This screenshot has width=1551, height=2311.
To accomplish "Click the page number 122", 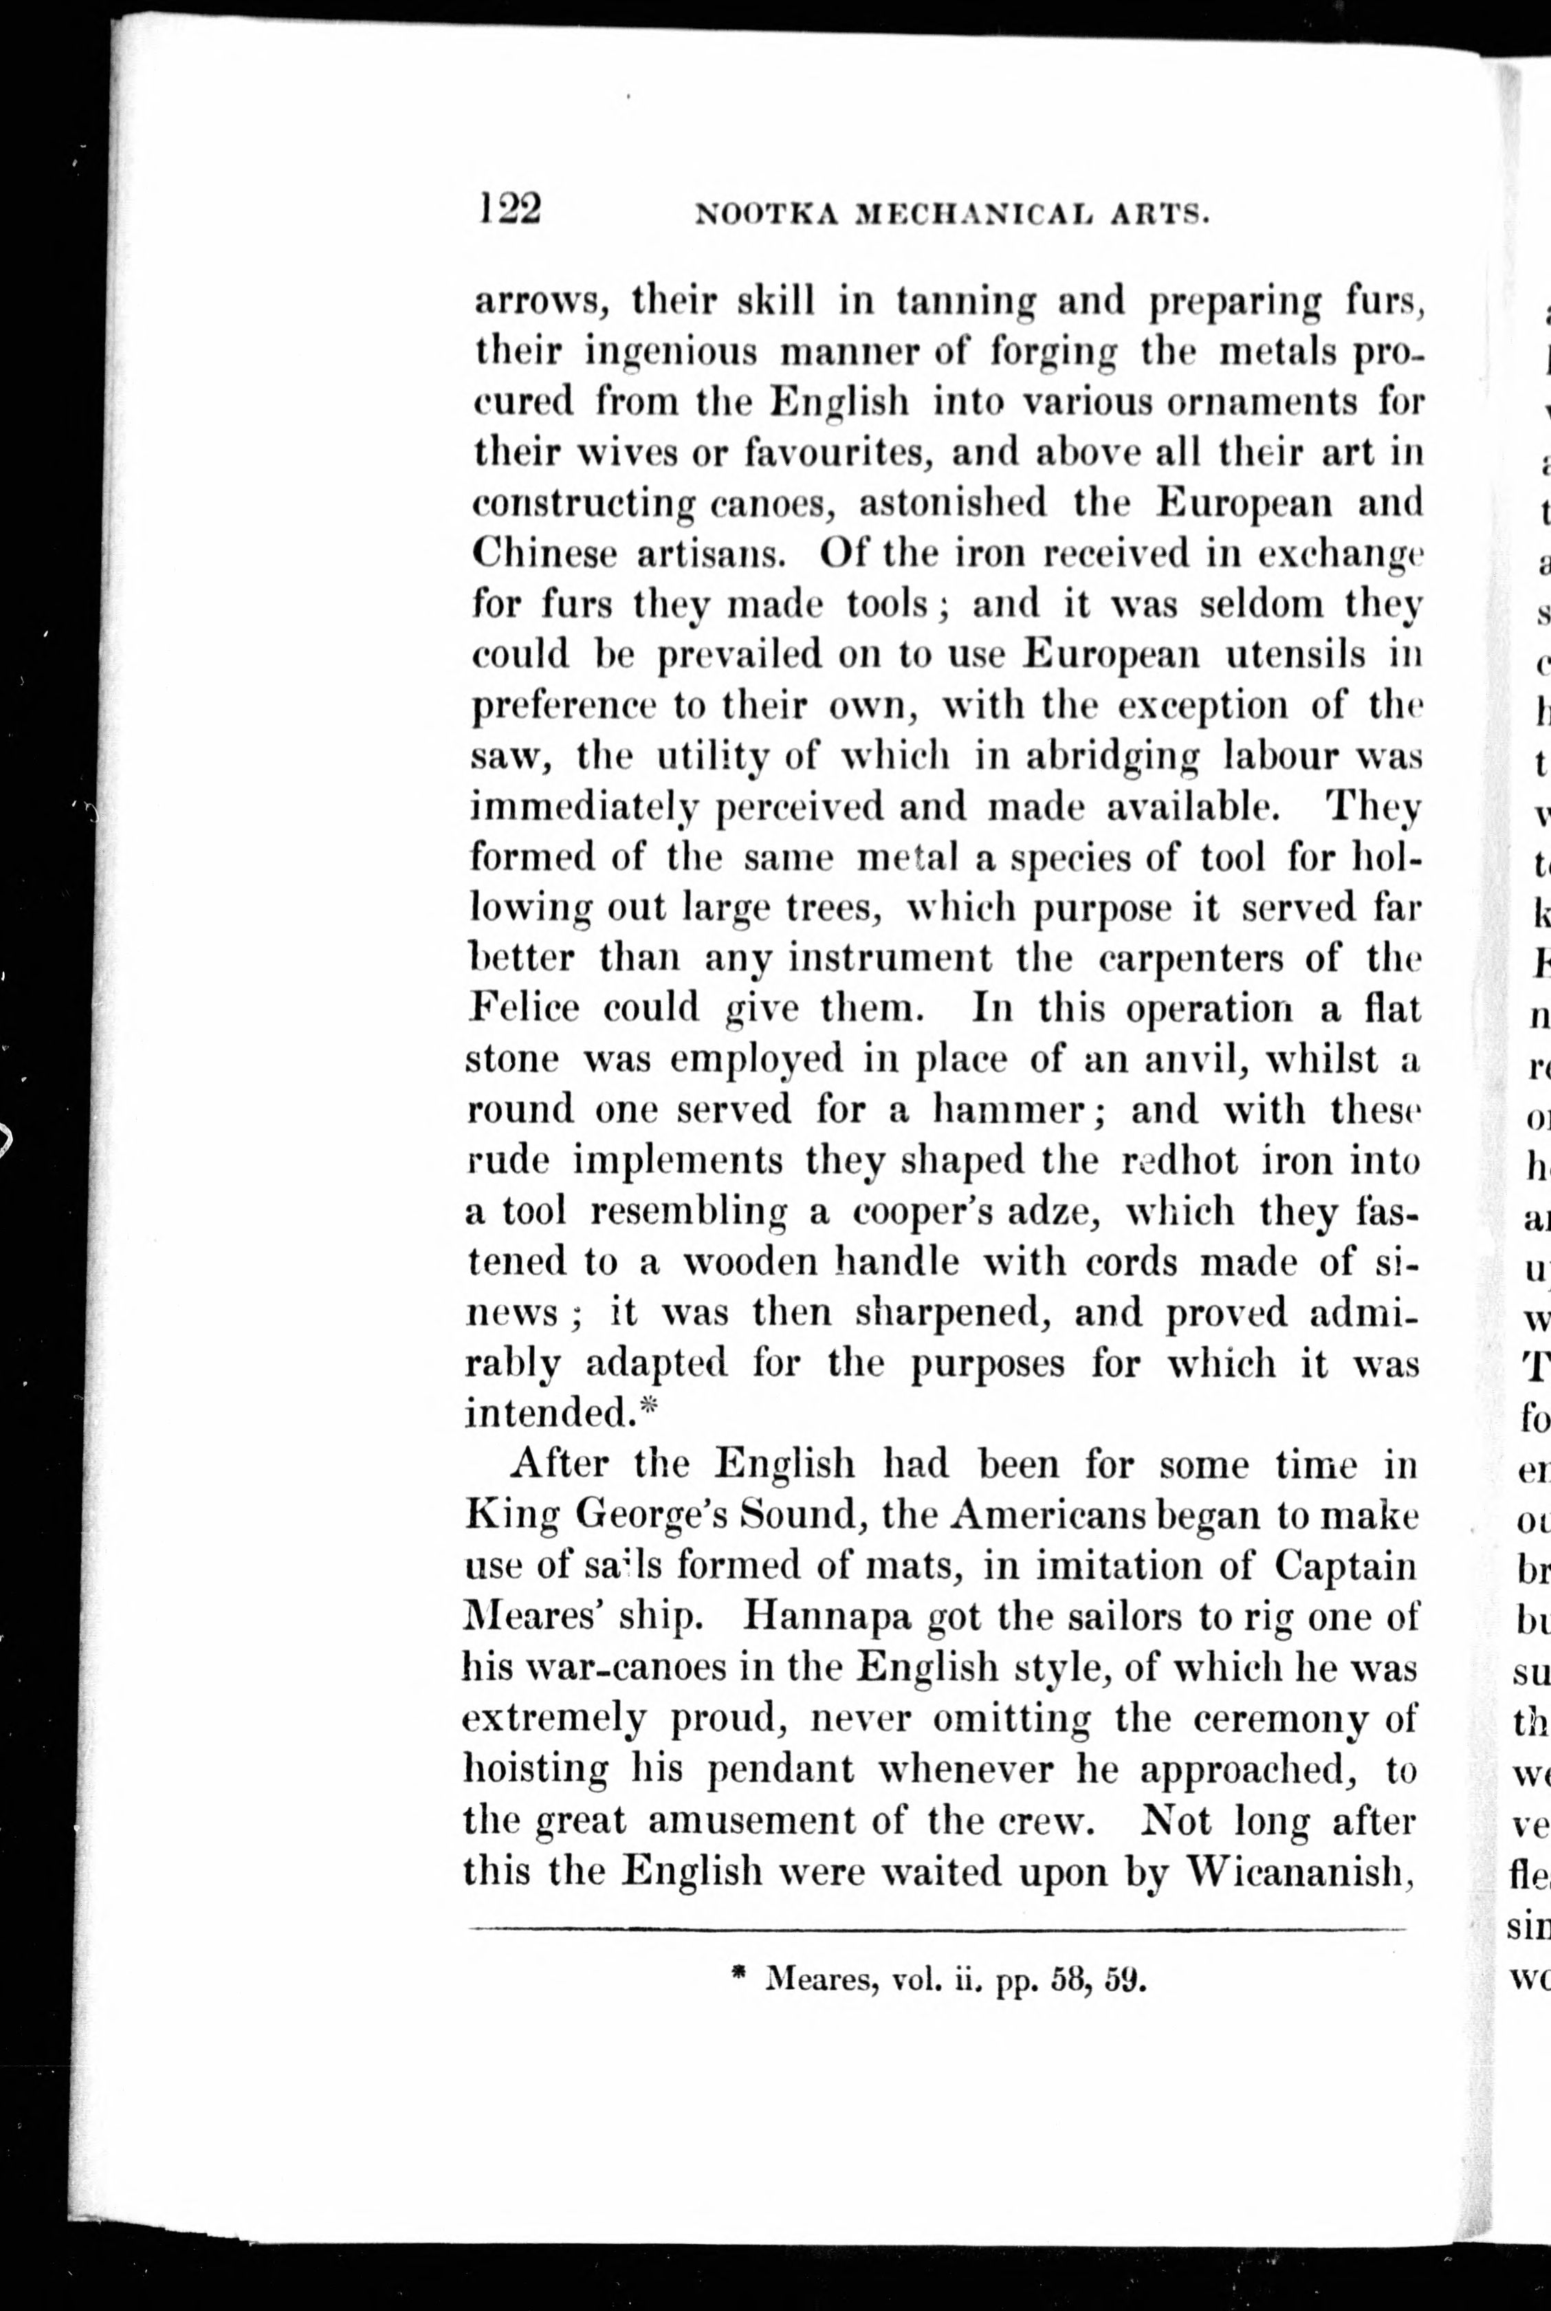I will [509, 210].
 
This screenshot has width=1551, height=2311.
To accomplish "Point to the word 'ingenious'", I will [674, 352].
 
